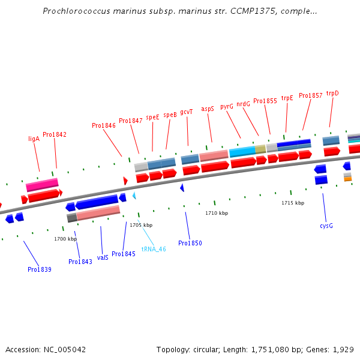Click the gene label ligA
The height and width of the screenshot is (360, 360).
(34, 139)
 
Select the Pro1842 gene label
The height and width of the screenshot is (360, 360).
(55, 134)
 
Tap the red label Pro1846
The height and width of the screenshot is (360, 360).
(104, 126)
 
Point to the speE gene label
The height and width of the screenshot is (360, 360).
(152, 118)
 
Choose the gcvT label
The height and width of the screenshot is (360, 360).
(187, 112)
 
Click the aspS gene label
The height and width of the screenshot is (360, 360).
(208, 109)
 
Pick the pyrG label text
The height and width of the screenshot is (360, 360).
(227, 106)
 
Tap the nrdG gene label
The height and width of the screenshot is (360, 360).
(243, 104)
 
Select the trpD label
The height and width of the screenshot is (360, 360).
(332, 93)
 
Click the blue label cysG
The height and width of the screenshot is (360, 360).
(326, 226)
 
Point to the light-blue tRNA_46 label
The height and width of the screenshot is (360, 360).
(154, 249)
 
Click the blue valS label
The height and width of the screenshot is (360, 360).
(103, 257)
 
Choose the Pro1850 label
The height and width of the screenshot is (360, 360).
(190, 243)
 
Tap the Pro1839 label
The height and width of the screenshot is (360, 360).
(40, 269)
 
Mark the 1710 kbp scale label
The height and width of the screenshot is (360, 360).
(217, 213)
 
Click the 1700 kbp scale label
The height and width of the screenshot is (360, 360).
(65, 239)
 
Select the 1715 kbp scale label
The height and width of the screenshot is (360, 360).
(293, 203)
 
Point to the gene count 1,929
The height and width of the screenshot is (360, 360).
(343, 349)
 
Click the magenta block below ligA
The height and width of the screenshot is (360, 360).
(42, 184)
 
